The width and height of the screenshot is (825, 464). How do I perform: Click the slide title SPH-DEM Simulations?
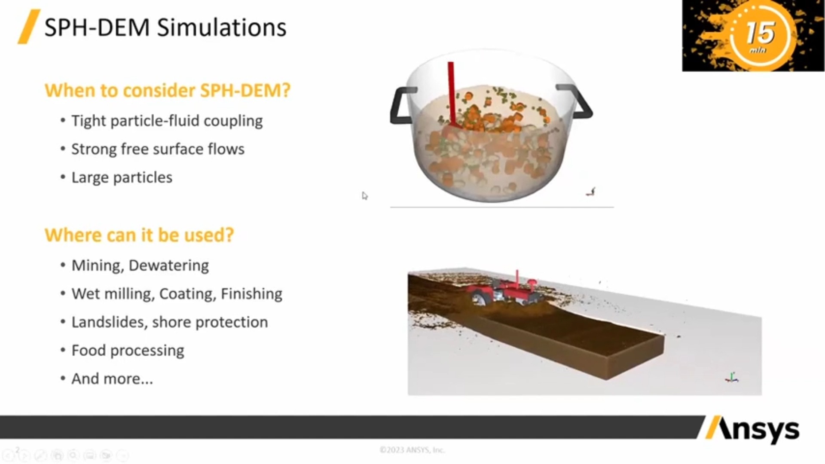pos(165,27)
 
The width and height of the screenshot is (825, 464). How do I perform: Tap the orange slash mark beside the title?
pos(28,27)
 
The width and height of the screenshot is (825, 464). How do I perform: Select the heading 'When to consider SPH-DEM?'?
pos(168,90)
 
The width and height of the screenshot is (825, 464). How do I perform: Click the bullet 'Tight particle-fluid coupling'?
pos(167,121)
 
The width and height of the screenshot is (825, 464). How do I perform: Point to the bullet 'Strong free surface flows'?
pos(158,149)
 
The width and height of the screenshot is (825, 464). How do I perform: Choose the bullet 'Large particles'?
pos(122,177)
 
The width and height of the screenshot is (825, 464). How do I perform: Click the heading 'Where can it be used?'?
pos(139,235)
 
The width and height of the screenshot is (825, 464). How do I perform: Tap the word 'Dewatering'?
pos(168,266)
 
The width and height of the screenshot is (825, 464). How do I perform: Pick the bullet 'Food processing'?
pos(128,351)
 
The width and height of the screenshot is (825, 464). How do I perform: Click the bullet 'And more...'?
pos(112,379)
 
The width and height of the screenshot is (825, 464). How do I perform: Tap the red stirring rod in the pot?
pos(452,95)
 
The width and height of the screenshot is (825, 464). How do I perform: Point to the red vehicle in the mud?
pos(503,290)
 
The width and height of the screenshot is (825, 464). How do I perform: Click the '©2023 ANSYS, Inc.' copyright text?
pos(412,450)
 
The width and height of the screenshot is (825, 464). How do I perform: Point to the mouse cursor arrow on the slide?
pos(364,195)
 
